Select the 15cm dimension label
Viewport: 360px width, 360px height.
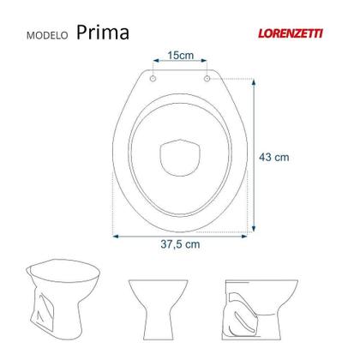pyautogui.click(x=180, y=56)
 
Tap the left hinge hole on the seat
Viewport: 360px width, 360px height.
pyautogui.click(x=154, y=78)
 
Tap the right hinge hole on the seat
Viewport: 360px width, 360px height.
pyautogui.click(x=207, y=78)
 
